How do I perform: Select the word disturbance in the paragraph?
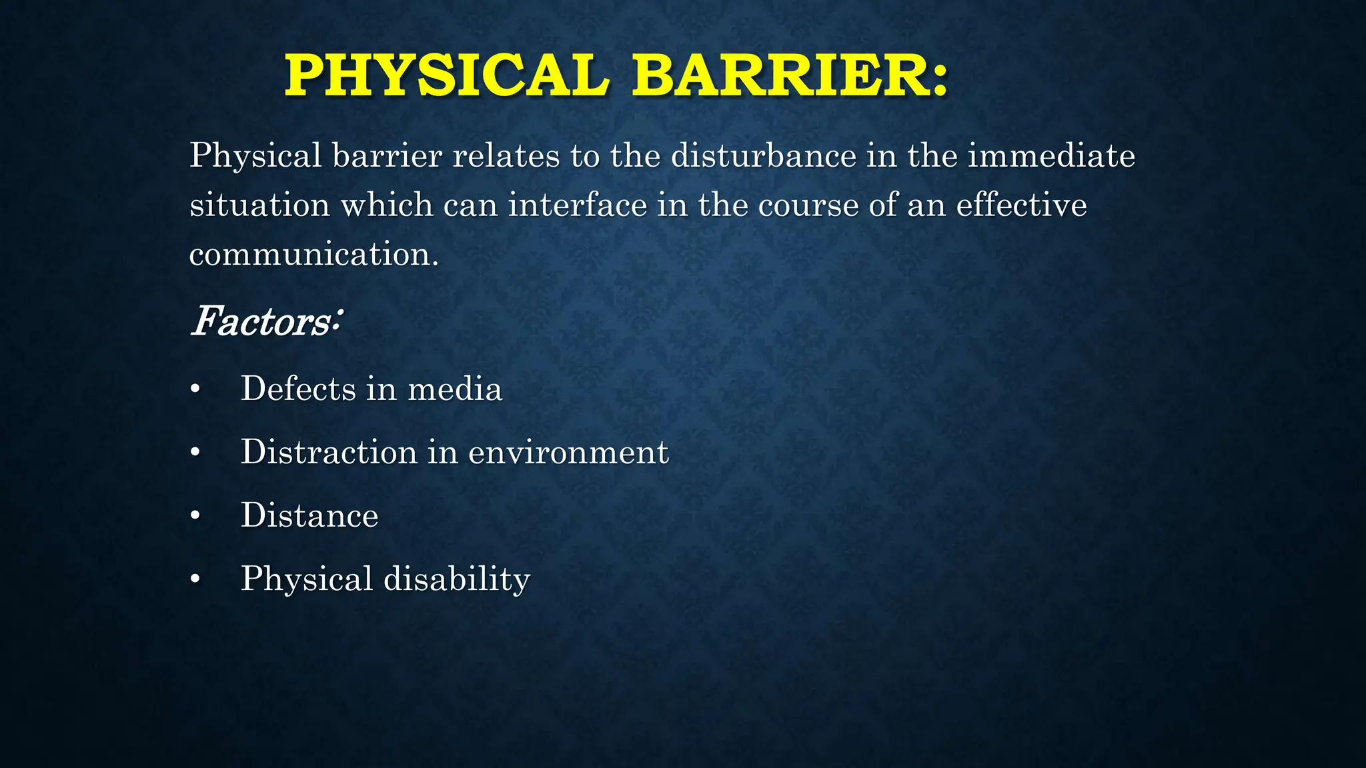coord(763,156)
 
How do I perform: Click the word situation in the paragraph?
coord(259,205)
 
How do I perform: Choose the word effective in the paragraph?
coord(1021,205)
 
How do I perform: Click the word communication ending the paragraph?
coord(313,255)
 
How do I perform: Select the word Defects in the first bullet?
coord(298,389)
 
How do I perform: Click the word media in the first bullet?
coord(454,389)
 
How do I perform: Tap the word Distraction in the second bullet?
coord(329,452)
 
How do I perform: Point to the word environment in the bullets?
coord(568,452)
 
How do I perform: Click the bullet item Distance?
coord(309,515)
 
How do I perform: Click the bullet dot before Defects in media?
coord(195,390)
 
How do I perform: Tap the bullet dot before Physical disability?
coord(195,580)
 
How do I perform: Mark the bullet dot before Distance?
coord(195,517)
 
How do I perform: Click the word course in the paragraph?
coord(808,205)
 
